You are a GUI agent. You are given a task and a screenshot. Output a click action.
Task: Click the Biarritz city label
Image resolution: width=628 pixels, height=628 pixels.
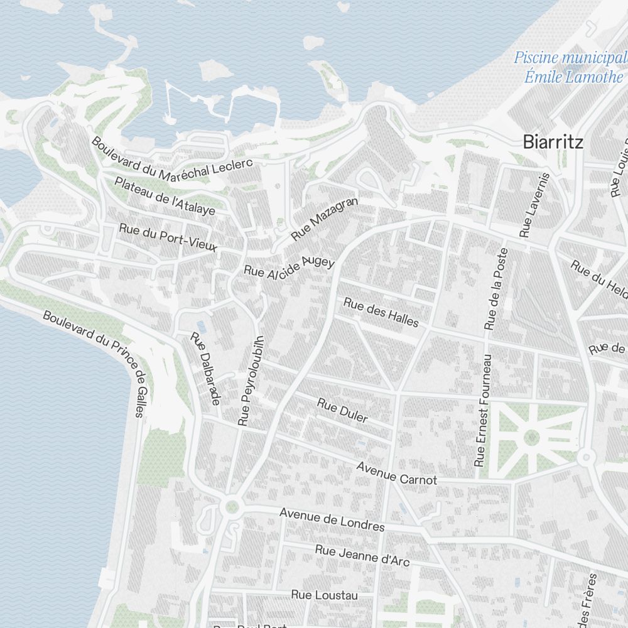click(553, 143)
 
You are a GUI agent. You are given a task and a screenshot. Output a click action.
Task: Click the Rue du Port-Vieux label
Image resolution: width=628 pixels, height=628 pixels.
click(168, 238)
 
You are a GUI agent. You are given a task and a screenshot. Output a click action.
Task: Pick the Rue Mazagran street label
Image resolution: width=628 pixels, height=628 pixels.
click(325, 219)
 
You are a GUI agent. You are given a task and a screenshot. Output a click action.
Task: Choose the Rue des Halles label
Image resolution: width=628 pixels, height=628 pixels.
click(381, 312)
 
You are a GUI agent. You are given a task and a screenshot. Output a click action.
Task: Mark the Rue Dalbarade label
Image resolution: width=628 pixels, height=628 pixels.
click(206, 368)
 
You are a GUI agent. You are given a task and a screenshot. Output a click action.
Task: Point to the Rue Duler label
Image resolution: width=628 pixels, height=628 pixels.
click(342, 410)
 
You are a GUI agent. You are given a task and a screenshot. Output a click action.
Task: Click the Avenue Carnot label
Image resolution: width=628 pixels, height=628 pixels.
click(396, 474)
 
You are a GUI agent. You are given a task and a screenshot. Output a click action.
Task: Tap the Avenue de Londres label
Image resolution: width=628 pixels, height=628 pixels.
click(332, 519)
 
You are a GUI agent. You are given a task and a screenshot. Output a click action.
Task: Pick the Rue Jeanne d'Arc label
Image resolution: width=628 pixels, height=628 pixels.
click(362, 555)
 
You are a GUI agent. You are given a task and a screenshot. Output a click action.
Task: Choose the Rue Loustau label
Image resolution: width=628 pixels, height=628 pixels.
click(324, 595)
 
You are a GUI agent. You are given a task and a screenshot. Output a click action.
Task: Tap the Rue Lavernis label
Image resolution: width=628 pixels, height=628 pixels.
click(535, 205)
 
